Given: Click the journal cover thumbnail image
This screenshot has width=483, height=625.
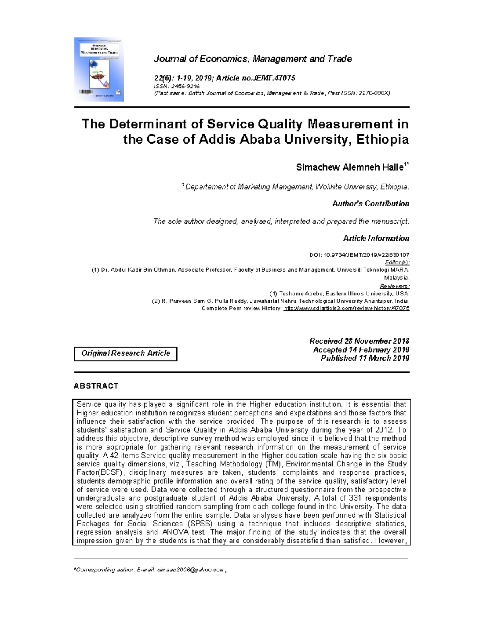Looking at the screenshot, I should tap(99, 70).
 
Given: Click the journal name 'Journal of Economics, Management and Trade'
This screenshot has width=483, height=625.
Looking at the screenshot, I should tap(252, 59).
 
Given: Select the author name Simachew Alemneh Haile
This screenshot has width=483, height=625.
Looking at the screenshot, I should tap(349, 167).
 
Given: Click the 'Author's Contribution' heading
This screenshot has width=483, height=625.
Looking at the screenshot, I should tap(370, 204).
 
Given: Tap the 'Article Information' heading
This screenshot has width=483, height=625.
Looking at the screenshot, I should tap(376, 238).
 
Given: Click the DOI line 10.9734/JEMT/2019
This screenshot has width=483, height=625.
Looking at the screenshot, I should tap(359, 255).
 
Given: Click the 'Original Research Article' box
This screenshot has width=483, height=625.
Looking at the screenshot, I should tap(126, 353).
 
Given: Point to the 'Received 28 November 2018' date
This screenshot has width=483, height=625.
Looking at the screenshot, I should tap(359, 341).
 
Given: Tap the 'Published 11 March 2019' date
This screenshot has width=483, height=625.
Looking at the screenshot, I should tap(365, 358).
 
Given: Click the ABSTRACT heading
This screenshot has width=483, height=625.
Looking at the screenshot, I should tap(96, 386).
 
